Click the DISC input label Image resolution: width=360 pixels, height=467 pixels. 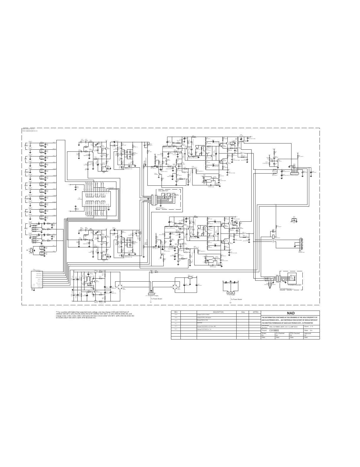point(26,146)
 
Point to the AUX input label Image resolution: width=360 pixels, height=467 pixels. point(26,185)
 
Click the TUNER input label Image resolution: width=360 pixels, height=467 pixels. point(27,199)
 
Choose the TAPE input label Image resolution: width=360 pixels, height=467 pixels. point(26,212)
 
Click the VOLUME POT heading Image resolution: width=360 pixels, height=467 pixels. point(163,191)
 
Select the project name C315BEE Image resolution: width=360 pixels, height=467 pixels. point(271,330)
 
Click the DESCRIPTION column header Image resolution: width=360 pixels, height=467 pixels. point(218,312)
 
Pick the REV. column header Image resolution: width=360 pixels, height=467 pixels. point(176,312)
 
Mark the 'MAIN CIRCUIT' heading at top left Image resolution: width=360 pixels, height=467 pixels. point(28,129)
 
